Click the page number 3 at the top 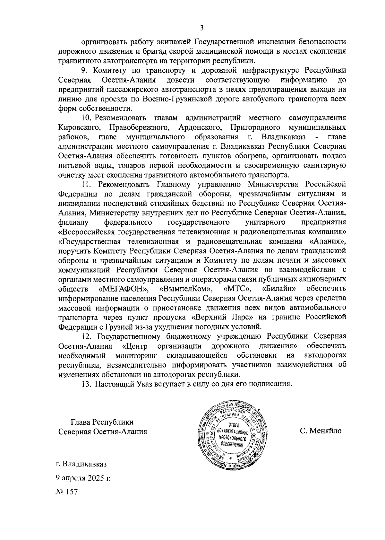(201, 28)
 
